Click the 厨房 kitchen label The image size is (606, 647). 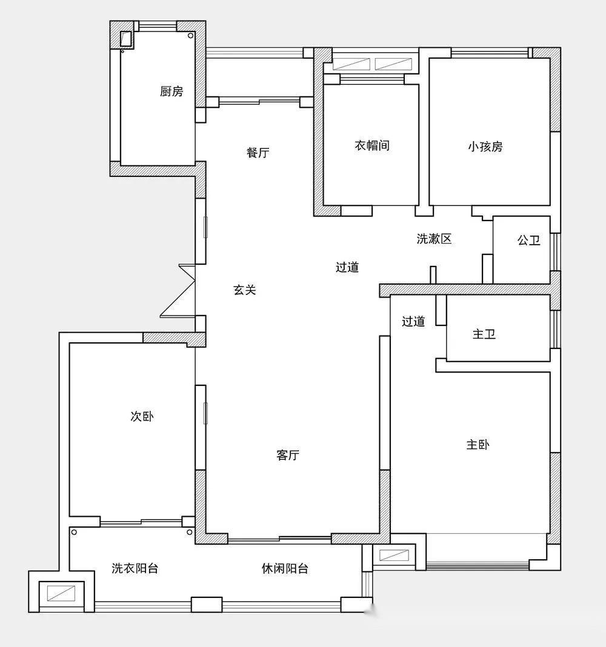[171, 91]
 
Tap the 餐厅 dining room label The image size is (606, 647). [258, 153]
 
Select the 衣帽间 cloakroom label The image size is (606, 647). [372, 145]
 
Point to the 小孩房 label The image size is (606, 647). [485, 147]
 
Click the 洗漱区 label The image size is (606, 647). [434, 239]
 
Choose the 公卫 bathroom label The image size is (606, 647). [529, 240]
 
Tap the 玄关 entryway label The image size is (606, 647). [245, 290]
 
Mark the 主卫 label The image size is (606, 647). [484, 334]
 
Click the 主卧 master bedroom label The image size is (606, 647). [478, 445]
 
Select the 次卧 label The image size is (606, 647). [142, 416]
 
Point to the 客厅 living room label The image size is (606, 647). [288, 455]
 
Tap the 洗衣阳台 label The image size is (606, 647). [135, 569]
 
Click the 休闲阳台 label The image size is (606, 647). [285, 569]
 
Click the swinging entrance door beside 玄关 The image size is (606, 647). [178, 291]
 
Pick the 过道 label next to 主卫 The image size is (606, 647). [413, 322]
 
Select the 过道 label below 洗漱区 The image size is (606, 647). [347, 267]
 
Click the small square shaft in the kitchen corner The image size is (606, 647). [125, 39]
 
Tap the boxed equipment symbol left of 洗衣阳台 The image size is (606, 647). [61, 593]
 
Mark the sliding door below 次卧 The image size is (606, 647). [141, 522]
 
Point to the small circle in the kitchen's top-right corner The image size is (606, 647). [190, 36]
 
